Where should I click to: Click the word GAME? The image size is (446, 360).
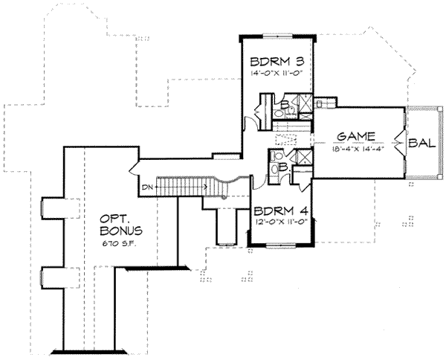click(354, 138)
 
